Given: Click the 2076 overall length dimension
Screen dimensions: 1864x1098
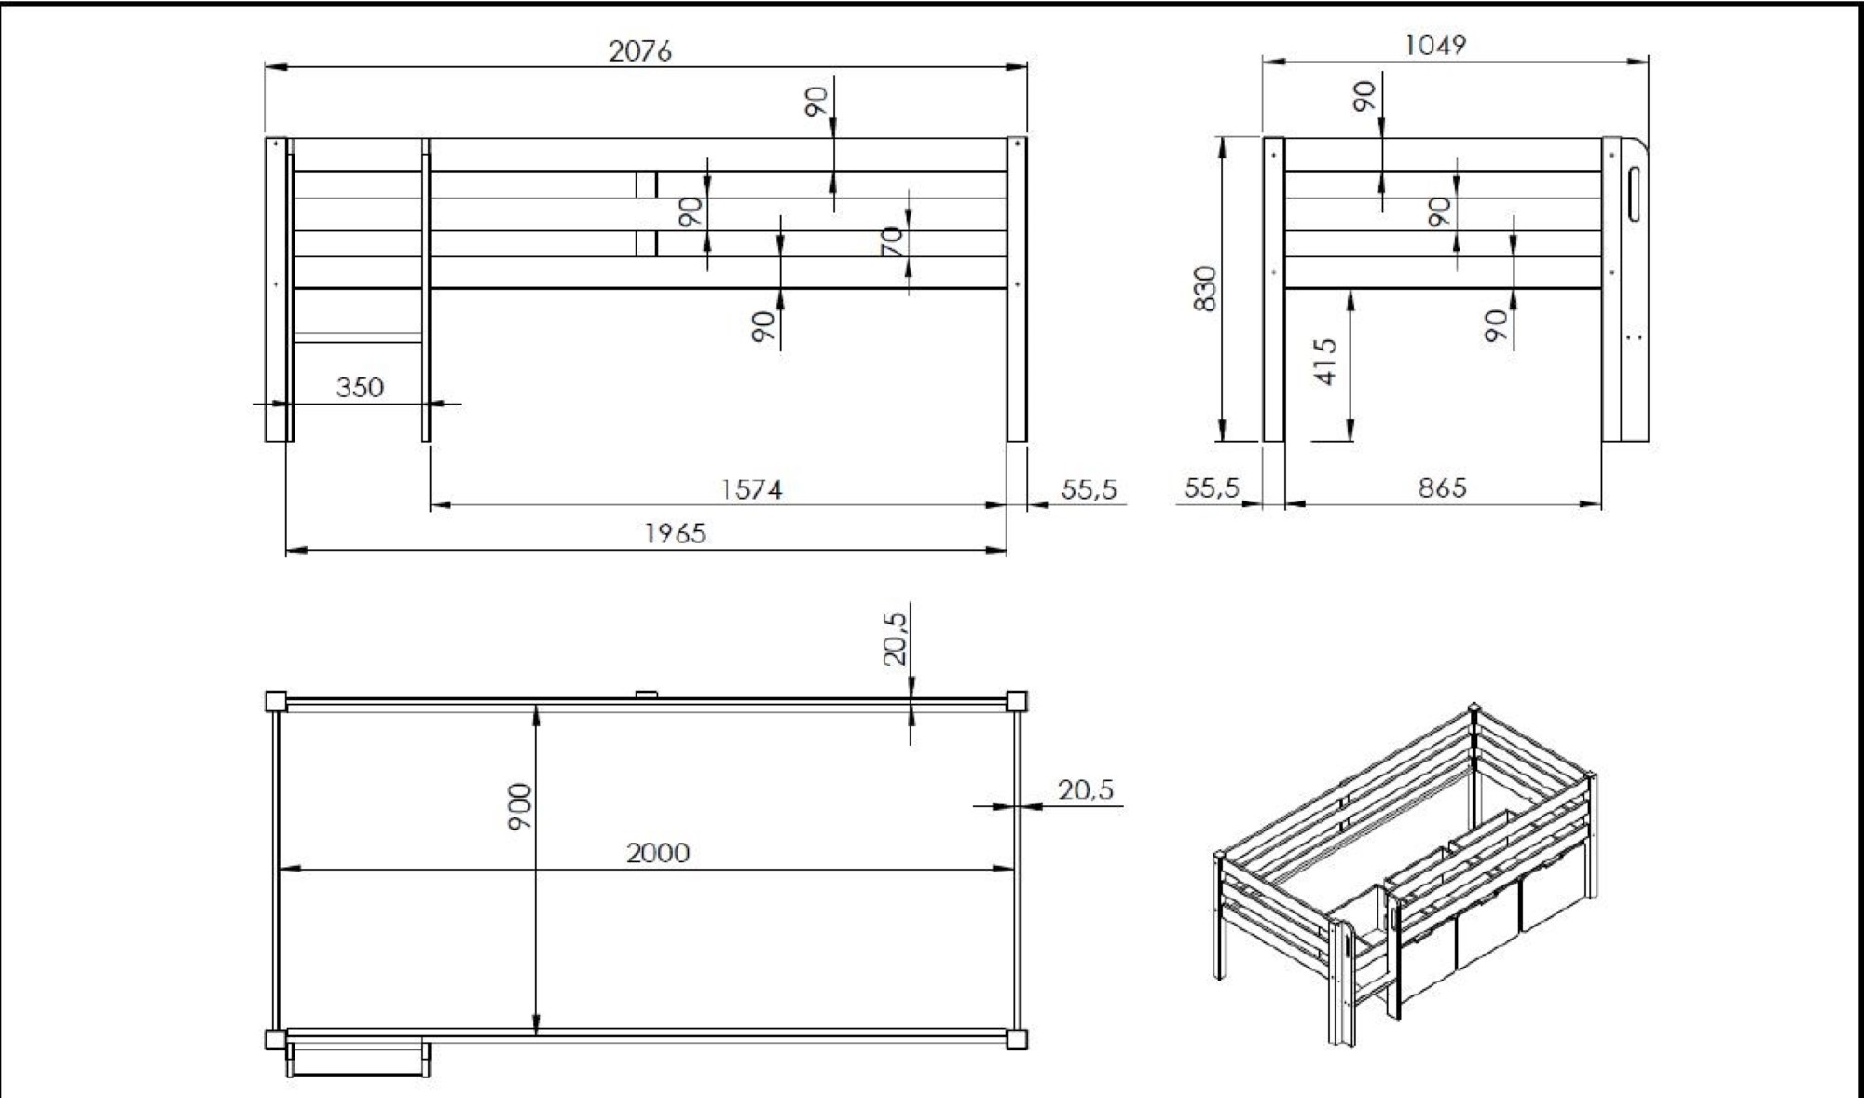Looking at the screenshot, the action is click(639, 50).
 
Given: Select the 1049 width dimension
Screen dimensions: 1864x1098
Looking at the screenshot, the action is click(1435, 44).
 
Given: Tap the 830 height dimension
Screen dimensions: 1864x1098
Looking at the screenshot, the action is click(1205, 288).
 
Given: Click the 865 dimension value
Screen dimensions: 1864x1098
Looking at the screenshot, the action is click(1443, 487).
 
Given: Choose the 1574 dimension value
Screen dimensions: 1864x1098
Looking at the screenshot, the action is click(752, 488).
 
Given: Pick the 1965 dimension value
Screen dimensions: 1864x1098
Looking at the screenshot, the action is click(676, 532).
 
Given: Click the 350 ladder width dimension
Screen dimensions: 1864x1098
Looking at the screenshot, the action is click(360, 386).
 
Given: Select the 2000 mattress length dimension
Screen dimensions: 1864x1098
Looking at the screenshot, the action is click(658, 852).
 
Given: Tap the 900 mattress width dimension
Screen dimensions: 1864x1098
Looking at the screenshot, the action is click(519, 806).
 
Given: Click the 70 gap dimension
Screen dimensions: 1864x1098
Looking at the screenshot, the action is click(892, 242).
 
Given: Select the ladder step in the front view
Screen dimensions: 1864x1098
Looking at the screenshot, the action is click(359, 337).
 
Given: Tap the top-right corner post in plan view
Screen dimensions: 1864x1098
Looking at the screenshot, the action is click(1017, 701).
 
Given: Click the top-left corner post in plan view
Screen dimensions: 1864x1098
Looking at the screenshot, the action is click(276, 701).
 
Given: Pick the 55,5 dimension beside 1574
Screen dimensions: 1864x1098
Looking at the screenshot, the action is click(1089, 488).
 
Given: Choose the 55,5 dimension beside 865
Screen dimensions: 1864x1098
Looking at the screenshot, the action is click(1212, 487).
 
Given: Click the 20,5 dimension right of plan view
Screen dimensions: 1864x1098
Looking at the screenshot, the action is click(1086, 789).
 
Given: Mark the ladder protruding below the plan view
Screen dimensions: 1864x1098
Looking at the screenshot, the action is click(359, 1060).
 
